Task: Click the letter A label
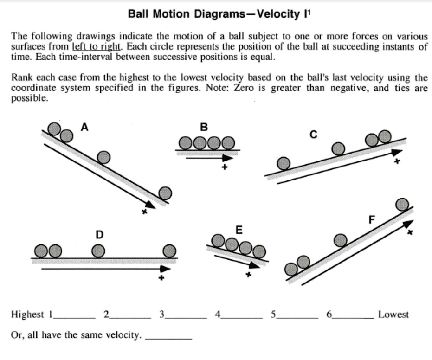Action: pos(84,126)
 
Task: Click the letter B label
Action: pos(204,126)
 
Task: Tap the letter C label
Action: pos(314,135)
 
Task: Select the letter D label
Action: pos(99,235)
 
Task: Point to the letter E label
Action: pos(239,229)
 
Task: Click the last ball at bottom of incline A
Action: pos(165,193)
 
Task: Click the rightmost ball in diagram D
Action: pos(169,251)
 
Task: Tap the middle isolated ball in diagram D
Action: pos(98,251)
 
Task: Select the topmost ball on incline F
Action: pos(402,204)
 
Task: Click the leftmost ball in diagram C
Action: pos(284,163)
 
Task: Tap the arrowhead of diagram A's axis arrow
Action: pos(150,204)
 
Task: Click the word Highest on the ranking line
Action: pos(27,314)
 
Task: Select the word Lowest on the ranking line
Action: pos(393,314)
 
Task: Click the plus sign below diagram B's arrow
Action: pos(225,167)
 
